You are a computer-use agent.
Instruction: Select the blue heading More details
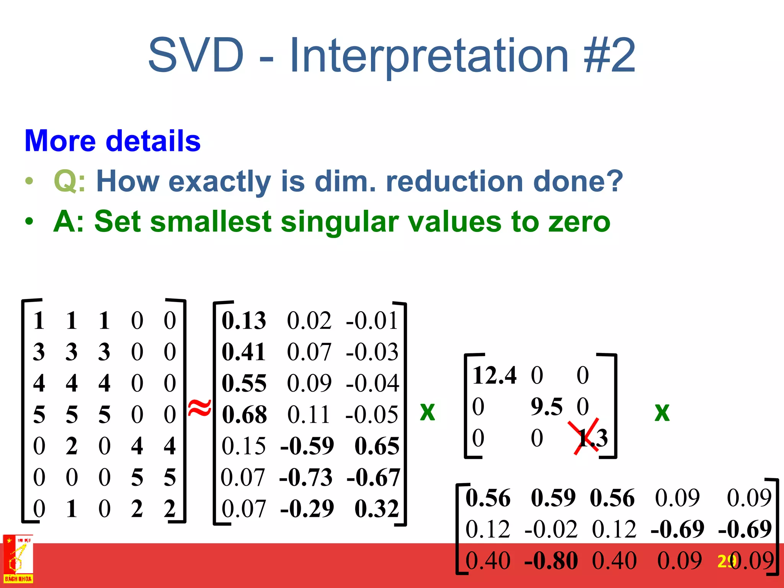click(x=113, y=141)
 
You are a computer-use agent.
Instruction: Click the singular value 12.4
click(x=495, y=375)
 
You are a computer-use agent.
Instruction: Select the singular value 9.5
click(x=546, y=407)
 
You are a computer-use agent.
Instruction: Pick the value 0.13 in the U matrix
click(x=244, y=321)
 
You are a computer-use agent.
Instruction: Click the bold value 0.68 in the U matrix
click(x=244, y=415)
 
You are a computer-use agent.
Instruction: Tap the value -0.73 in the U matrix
click(x=306, y=478)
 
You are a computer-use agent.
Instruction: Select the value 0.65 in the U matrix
click(x=377, y=446)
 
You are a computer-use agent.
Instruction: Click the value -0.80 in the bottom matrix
click(x=551, y=561)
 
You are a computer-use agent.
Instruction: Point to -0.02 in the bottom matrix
click(x=551, y=530)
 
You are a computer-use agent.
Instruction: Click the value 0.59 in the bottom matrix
click(x=553, y=498)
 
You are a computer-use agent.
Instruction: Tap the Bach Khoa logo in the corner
click(x=18, y=559)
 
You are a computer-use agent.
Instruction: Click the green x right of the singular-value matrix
click(x=662, y=412)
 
